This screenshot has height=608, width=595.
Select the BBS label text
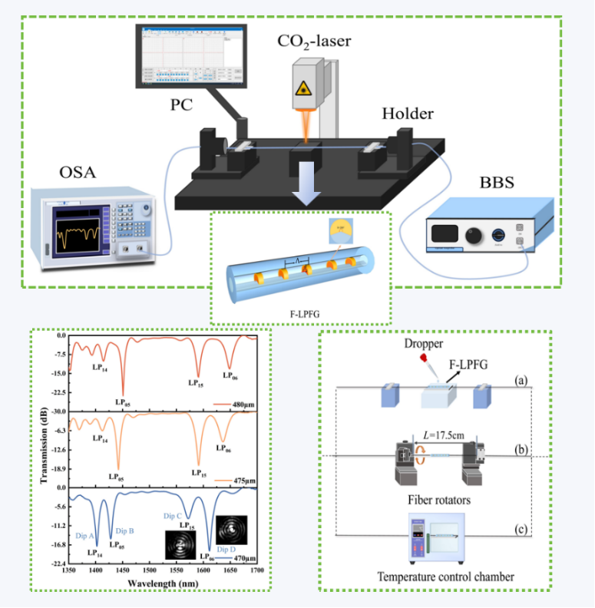pyautogui.click(x=497, y=182)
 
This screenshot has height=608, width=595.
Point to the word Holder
pyautogui.click(x=408, y=114)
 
